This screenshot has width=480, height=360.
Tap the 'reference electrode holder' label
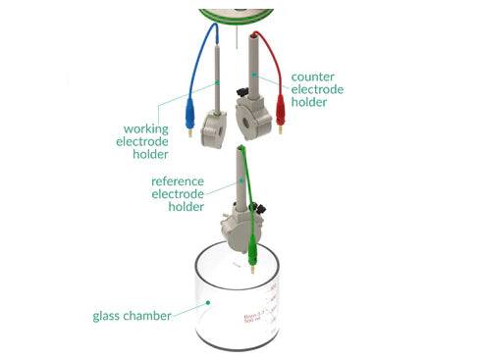click(179, 194)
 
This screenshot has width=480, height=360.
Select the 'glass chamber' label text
click(133, 316)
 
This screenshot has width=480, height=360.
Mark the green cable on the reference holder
click(251, 181)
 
